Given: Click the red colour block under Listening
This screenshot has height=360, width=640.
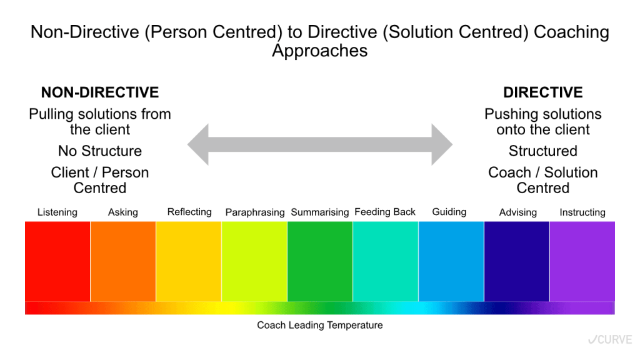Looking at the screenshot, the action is click(x=57, y=261).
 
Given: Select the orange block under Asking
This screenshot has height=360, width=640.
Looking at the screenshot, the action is click(x=123, y=261).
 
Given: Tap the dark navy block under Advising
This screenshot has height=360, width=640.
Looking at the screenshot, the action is click(x=517, y=261).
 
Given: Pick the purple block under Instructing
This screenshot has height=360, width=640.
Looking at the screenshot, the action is click(x=582, y=261).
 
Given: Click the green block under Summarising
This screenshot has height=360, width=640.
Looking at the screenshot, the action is click(x=320, y=261).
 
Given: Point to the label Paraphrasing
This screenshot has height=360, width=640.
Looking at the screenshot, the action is click(x=255, y=212).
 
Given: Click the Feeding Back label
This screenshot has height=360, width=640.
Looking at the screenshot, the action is click(x=385, y=212).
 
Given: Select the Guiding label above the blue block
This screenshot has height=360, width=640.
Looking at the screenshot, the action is click(x=449, y=212).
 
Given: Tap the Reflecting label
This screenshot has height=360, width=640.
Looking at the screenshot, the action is click(x=189, y=212).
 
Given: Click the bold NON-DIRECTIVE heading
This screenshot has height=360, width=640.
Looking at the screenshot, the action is click(x=100, y=92).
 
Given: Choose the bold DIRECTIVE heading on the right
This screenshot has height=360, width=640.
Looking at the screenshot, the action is click(x=543, y=92).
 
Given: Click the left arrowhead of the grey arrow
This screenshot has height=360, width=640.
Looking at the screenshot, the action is click(x=198, y=144).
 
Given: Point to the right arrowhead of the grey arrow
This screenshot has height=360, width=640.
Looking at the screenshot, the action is click(x=442, y=144).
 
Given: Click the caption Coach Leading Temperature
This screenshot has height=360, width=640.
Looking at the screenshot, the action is click(x=320, y=325).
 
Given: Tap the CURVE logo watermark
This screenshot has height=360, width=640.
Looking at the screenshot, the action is click(x=610, y=339).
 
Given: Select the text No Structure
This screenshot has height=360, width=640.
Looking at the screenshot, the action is click(x=100, y=151).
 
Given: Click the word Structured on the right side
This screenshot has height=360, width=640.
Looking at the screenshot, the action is click(x=543, y=151).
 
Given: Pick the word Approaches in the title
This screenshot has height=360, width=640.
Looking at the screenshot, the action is click(x=320, y=51).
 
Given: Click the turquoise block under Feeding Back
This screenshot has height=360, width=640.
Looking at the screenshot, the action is click(x=386, y=261).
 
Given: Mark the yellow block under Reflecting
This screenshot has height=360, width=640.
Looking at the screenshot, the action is click(x=189, y=261).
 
